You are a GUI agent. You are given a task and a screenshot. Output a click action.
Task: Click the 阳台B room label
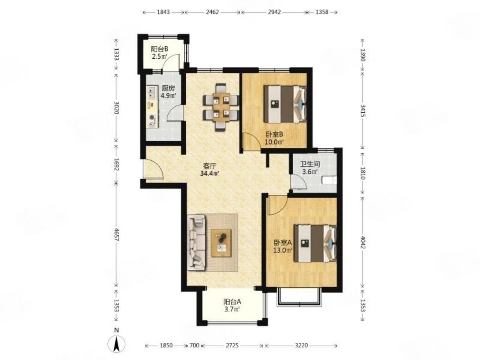click(160, 49)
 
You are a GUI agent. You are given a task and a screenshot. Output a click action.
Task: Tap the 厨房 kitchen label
click(168, 88)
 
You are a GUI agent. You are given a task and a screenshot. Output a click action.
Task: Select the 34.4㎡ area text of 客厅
click(210, 174)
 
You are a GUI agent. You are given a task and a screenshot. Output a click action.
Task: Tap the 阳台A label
click(232, 302)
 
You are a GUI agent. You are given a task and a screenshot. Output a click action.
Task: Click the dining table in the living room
click(221, 107)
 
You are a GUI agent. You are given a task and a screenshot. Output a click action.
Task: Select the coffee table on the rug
click(221, 243)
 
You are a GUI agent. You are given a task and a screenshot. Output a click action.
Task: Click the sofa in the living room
click(197, 243)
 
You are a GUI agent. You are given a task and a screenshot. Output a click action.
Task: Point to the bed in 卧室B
click(285, 104)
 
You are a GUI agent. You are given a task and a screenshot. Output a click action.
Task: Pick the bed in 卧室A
click(315, 243)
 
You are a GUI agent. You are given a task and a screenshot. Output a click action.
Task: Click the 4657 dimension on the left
click(116, 235)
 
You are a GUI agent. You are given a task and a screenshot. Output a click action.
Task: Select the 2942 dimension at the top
click(274, 12)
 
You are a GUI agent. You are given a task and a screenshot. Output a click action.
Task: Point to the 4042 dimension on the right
click(363, 242)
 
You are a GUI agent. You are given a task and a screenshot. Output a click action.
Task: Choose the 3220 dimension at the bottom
click(301, 345)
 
